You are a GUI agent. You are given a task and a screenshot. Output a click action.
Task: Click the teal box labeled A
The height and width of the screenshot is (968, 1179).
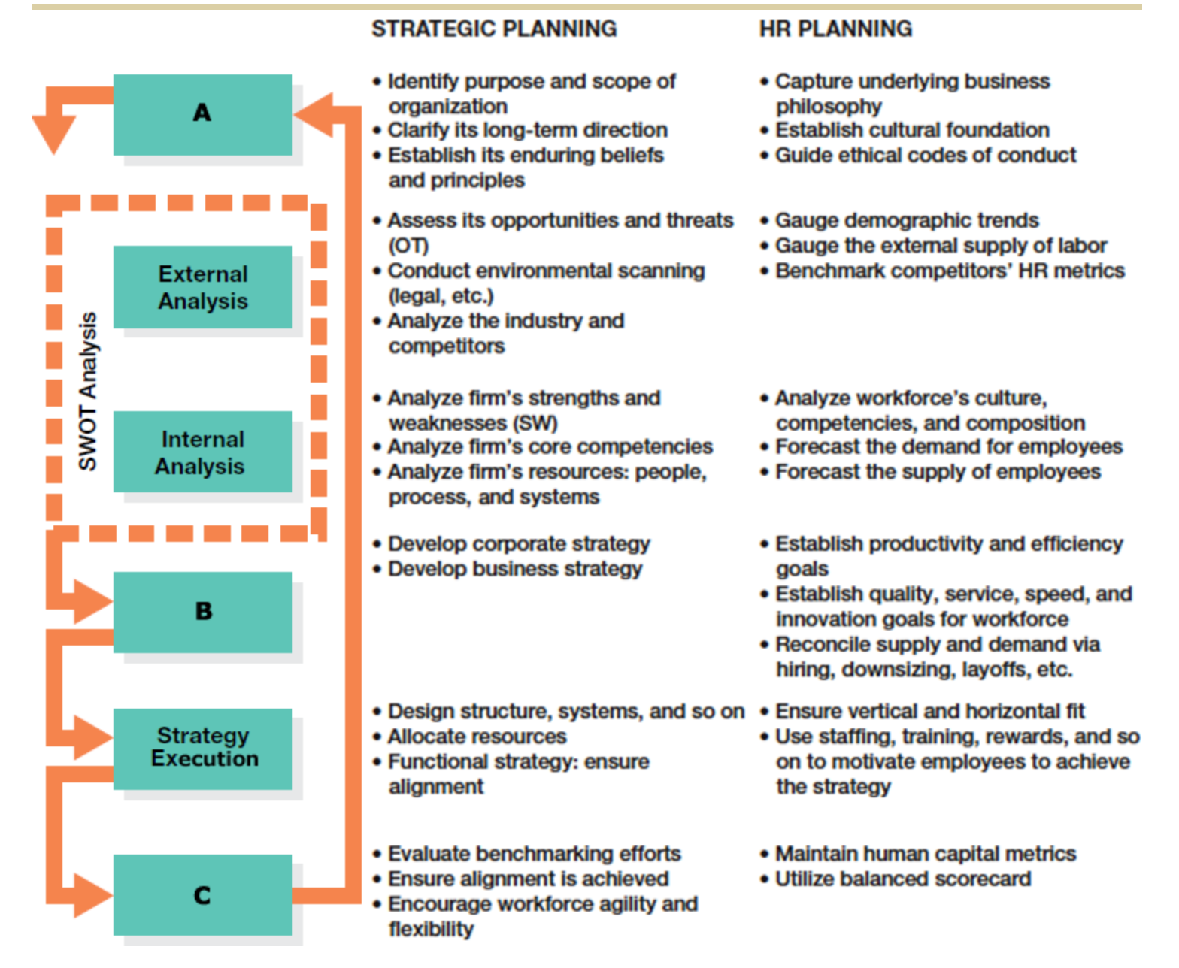pos(202,114)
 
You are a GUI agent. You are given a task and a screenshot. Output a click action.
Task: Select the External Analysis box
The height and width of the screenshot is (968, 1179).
pos(202,287)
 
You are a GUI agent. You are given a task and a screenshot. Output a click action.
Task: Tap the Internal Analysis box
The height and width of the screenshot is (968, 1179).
pos(202,452)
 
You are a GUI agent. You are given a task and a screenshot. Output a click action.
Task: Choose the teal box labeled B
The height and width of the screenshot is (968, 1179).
pos(202,612)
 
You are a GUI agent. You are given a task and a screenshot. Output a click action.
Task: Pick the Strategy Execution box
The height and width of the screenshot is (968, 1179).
pos(202,748)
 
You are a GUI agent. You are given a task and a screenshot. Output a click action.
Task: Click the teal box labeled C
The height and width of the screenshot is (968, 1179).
pos(202,895)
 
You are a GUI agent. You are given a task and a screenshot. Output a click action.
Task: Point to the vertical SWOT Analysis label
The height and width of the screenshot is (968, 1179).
pos(88,392)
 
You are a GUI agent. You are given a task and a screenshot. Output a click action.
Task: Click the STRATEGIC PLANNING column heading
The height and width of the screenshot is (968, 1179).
pos(494,29)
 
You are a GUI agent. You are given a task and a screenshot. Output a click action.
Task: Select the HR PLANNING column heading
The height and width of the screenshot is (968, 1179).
pos(835,29)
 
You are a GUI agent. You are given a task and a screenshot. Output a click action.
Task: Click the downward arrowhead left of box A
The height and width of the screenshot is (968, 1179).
pos(53,135)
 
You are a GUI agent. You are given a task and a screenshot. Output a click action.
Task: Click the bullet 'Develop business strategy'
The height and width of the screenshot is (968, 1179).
pos(514,569)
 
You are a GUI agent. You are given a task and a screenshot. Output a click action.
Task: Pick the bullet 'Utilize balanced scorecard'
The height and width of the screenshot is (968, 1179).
pos(902,879)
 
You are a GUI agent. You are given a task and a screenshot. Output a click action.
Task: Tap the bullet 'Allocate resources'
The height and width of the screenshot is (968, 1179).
pos(477,737)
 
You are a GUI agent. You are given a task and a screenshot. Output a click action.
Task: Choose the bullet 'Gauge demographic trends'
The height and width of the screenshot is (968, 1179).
pos(906,220)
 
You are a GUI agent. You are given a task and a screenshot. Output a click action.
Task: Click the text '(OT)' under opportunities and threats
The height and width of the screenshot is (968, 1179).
pos(408,246)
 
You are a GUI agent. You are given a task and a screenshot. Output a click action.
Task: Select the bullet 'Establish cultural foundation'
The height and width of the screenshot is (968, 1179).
pos(911,130)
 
